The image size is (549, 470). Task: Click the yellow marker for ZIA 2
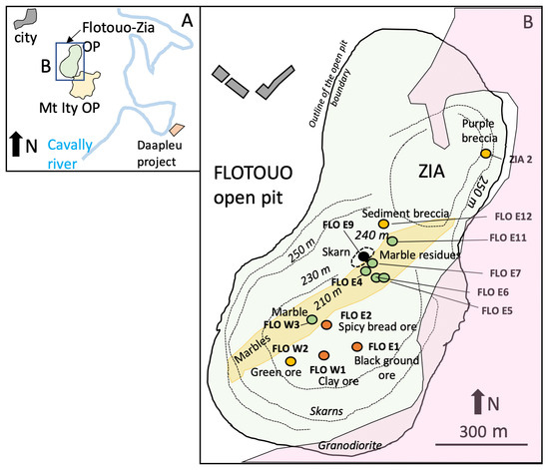pyautogui.click(x=486, y=154)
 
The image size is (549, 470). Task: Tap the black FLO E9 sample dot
pyautogui.click(x=363, y=256)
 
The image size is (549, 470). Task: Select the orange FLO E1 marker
pyautogui.click(x=356, y=346)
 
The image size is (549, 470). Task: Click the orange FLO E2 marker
pyautogui.click(x=326, y=324)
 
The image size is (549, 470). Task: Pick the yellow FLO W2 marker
pyautogui.click(x=290, y=361)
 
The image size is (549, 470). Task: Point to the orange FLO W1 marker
pyautogui.click(x=323, y=355)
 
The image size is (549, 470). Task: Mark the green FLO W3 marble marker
pyautogui.click(x=312, y=319)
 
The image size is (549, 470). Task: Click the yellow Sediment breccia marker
pyautogui.click(x=383, y=224)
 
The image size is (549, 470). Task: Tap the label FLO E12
pyautogui.click(x=513, y=217)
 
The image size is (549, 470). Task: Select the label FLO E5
pyautogui.click(x=497, y=310)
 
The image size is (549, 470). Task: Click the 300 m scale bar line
pyautogui.click(x=481, y=445)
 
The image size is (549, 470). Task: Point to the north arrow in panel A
pyautogui.click(x=16, y=144)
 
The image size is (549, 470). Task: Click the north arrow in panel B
pyautogui.click(x=476, y=402)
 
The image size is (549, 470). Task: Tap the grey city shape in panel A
pyautogui.click(x=25, y=19)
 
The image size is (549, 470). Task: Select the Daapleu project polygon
pyautogui.click(x=177, y=129)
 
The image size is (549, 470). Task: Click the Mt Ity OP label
pyautogui.click(x=69, y=108)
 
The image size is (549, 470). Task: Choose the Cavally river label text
pyautogui.click(x=70, y=154)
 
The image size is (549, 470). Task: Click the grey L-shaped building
pyautogui.click(x=274, y=83)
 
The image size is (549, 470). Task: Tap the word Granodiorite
pyautogui.click(x=349, y=445)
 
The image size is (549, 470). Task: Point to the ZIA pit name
pyautogui.click(x=431, y=172)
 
